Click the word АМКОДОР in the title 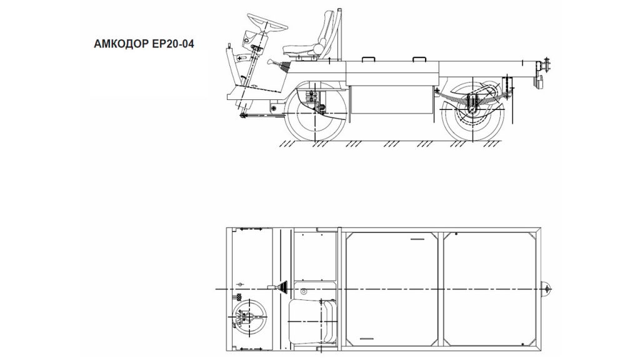tap(121, 44)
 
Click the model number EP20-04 tap(173, 44)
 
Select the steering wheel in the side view tap(267, 23)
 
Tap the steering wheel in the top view tap(249, 318)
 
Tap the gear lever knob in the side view tap(271, 62)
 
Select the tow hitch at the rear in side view tap(544, 65)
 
